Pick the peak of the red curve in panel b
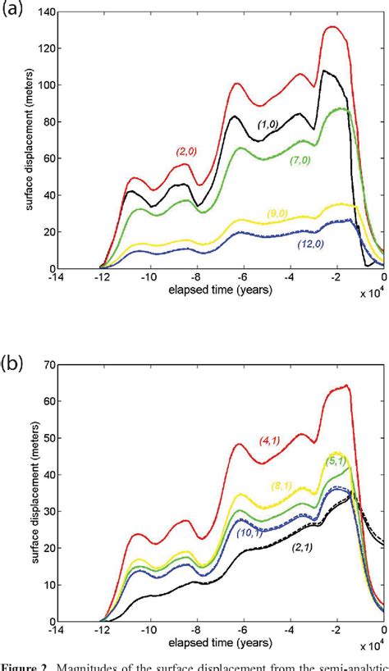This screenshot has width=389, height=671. (x=347, y=385)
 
